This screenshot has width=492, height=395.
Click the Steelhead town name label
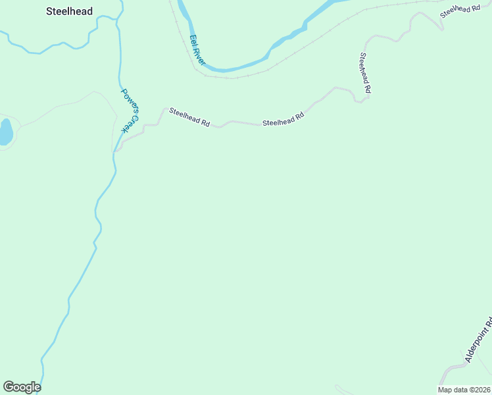coord(70,11)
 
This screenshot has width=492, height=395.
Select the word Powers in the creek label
coord(128,99)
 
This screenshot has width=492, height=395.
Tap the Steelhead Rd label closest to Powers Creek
coord(189,117)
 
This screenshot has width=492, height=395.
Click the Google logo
coord(22,387)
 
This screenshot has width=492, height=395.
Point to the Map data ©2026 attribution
coord(464,390)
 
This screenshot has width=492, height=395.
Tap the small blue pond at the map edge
coord(5,132)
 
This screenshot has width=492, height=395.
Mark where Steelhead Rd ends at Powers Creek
coord(116,151)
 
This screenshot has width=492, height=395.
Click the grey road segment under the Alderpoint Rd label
coord(454,372)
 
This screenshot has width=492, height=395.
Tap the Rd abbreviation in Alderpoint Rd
coord(489,323)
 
